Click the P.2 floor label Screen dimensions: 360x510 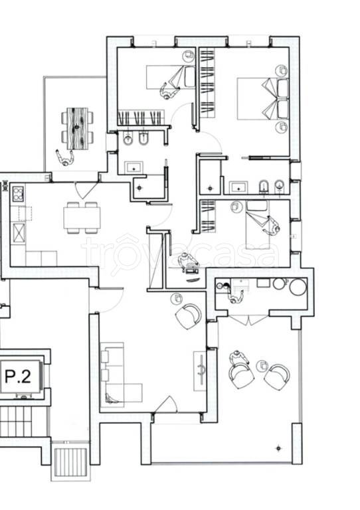click(18, 377)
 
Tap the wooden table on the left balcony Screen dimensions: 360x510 click(78, 128)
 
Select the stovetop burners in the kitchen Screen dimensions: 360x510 click(18, 194)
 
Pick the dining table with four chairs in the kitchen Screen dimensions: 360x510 click(82, 218)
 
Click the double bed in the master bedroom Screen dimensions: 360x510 click(263, 98)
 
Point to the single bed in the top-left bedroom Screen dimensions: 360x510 click(171, 77)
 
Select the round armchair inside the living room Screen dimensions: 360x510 click(188, 315)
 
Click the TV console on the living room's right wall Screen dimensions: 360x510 click(200, 371)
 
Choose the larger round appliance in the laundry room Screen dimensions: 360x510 click(298, 287)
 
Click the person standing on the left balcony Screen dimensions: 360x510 click(65, 159)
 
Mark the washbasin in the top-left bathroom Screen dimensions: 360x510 click(134, 168)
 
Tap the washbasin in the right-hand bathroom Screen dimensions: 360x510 click(238, 188)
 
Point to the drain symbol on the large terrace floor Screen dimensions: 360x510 click(278, 448)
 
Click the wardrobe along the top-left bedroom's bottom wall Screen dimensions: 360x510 click(140, 118)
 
